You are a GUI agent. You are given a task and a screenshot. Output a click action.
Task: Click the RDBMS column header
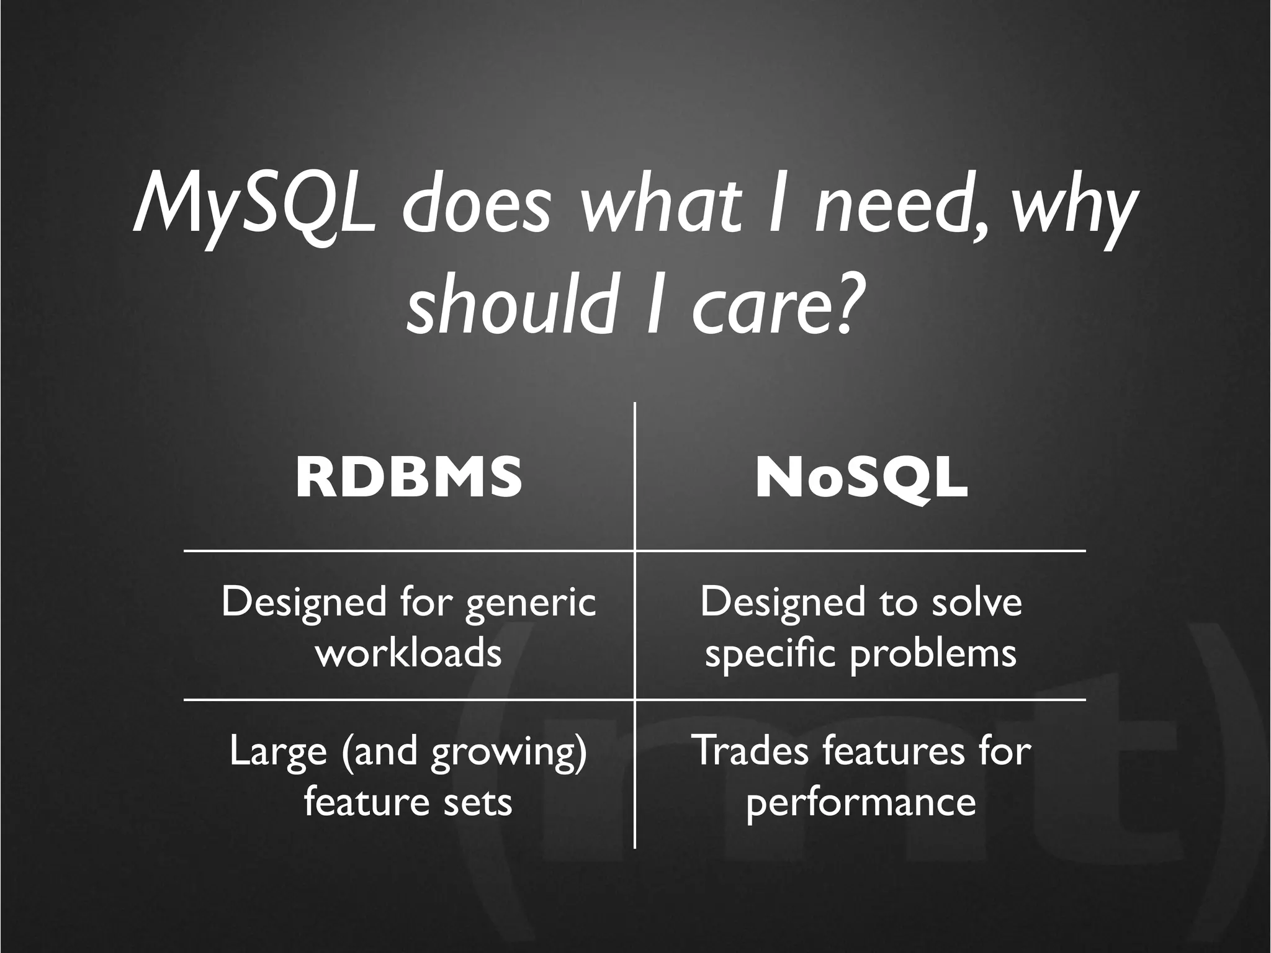click(408, 478)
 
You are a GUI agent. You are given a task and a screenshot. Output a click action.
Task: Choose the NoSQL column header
click(861, 478)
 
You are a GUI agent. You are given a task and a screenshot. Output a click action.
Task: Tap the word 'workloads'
click(408, 653)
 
